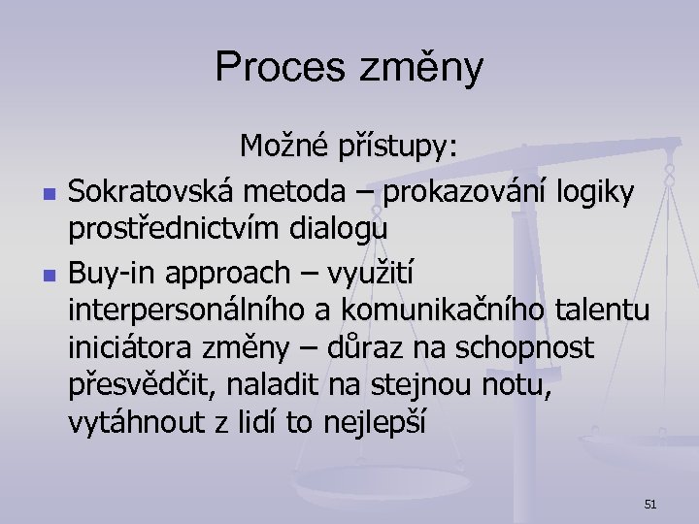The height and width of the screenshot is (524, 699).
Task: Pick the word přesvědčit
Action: pos(144,384)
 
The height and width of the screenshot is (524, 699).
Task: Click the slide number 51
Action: pos(650,504)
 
